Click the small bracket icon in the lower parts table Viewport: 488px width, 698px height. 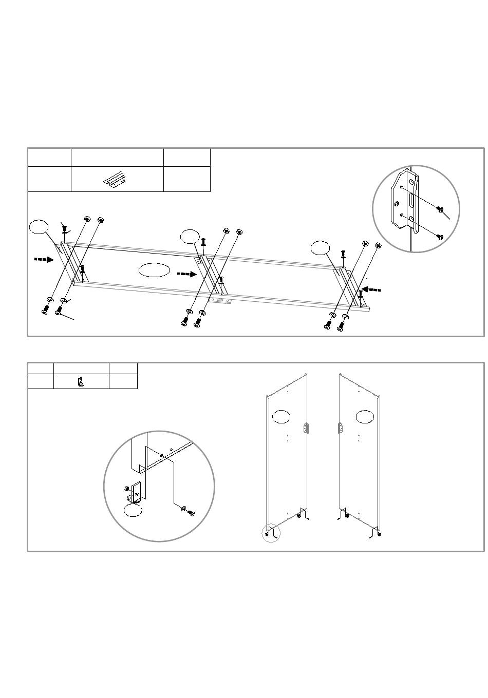coord(81,382)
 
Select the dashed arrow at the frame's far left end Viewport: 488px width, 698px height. coord(44,260)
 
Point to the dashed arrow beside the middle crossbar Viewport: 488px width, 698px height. coord(187,274)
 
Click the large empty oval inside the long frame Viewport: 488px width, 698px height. coord(154,269)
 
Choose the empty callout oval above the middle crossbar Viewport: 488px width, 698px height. coord(190,236)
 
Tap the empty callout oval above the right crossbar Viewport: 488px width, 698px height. coord(321,248)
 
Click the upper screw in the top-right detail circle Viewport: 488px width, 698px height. coord(440,209)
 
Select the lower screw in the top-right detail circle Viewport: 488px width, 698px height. coord(439,237)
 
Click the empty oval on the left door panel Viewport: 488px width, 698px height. coord(280,417)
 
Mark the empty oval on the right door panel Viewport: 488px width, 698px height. coord(365,417)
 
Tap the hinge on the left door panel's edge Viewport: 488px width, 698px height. coord(306,428)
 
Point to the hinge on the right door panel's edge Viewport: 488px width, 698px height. coord(340,428)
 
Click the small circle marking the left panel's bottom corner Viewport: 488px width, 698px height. coord(271,534)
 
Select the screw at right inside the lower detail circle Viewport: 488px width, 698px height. coord(191,512)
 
